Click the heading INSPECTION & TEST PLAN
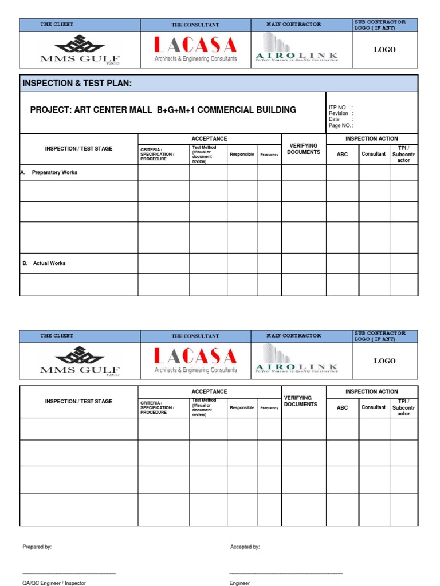[77, 84]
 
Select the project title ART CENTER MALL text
[163, 110]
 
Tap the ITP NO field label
[337, 108]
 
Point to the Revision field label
[339, 113]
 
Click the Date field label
[335, 119]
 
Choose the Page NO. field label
[340, 125]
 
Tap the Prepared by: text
[37, 547]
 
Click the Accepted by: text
[245, 547]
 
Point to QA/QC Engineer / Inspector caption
[54, 583]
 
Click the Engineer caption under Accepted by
[239, 583]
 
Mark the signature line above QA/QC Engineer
[69, 573]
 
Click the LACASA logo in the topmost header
[195, 49]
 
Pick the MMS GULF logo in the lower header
[80, 361]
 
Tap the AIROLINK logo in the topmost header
[296, 48]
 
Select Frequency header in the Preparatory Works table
[269, 155]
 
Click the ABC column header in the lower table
[342, 408]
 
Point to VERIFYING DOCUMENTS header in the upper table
[304, 149]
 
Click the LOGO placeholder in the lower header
[385, 361]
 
